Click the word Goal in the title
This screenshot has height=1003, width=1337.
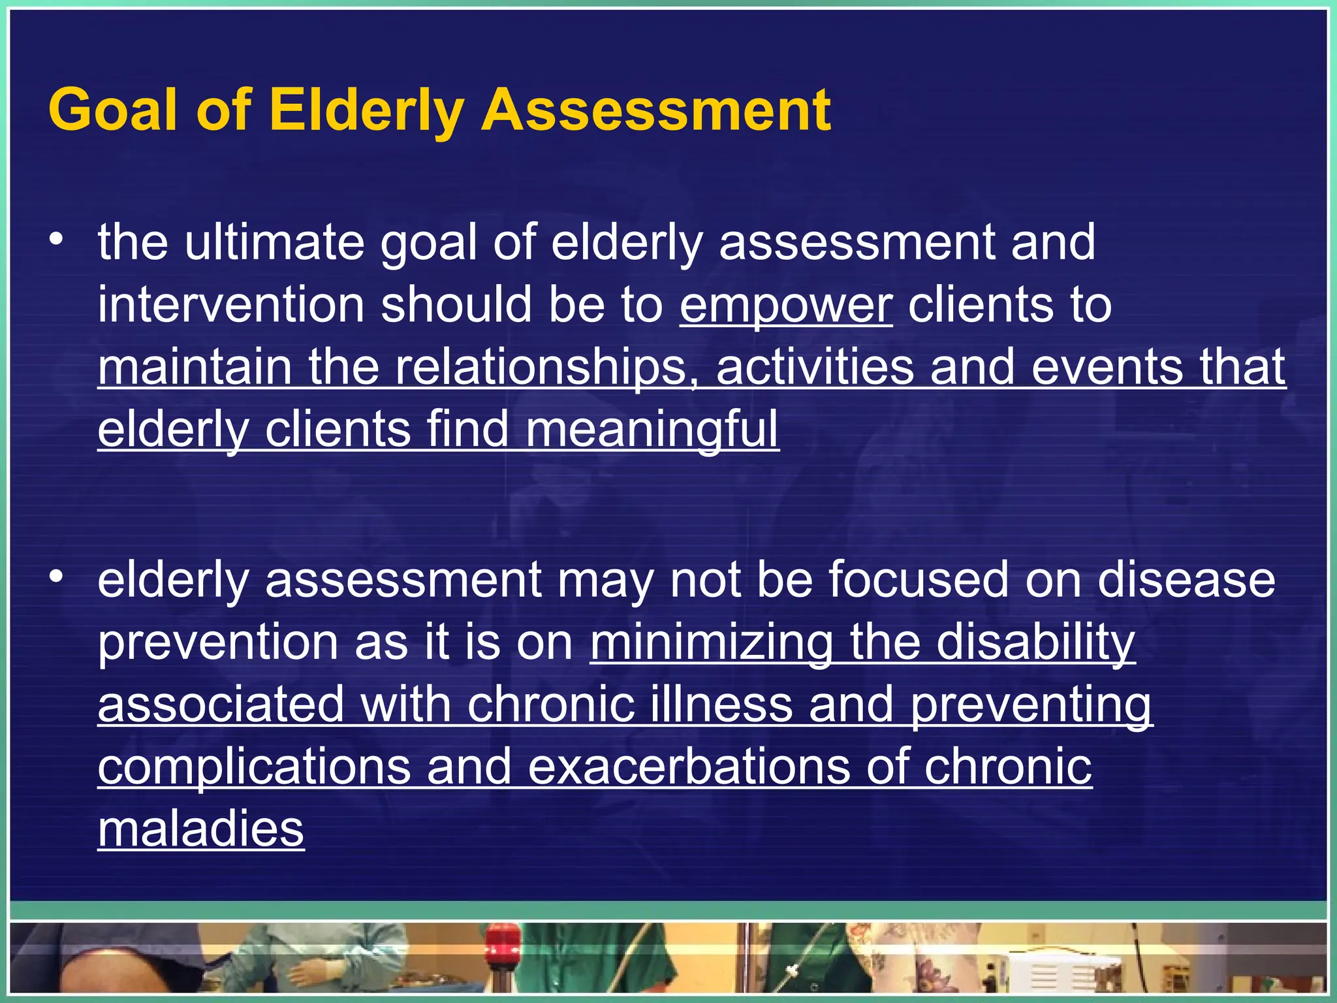click(112, 110)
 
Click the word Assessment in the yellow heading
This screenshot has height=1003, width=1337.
click(655, 110)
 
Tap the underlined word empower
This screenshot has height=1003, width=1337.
click(785, 306)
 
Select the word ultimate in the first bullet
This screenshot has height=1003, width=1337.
click(274, 242)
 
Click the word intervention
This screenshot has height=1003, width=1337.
click(230, 306)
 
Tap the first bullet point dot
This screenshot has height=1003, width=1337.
click(57, 240)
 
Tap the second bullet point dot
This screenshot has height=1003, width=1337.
click(57, 577)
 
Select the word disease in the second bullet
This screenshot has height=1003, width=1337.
click(1186, 580)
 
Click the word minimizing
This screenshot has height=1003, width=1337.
click(711, 643)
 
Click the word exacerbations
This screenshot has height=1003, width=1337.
click(689, 767)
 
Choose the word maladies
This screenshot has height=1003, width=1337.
click(201, 829)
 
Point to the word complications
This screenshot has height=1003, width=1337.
click(254, 768)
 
